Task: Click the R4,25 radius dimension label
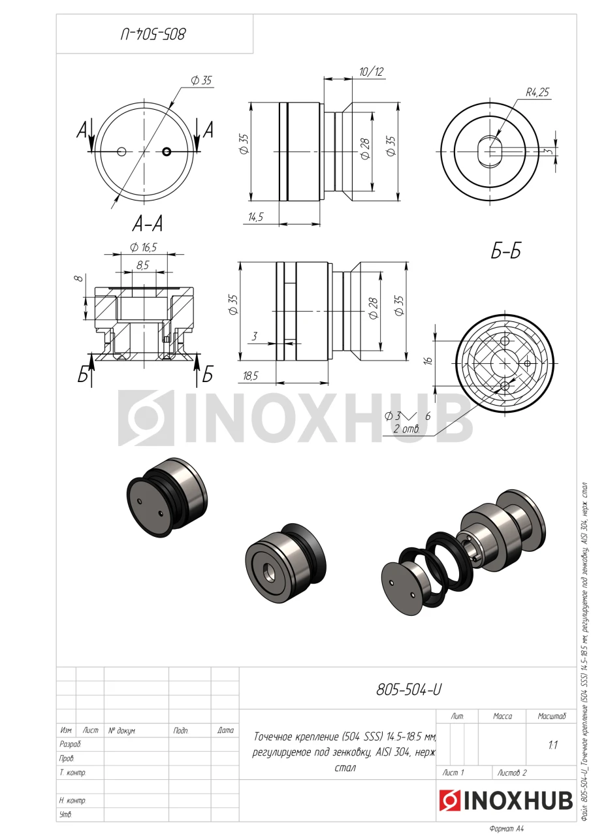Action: click(x=537, y=92)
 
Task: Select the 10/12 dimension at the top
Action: click(x=371, y=72)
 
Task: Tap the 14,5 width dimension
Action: click(x=255, y=217)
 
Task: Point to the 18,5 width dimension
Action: click(x=250, y=376)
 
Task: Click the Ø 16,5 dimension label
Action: click(x=143, y=247)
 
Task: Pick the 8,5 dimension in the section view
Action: click(x=142, y=265)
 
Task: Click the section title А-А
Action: click(x=148, y=224)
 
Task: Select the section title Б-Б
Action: click(x=505, y=251)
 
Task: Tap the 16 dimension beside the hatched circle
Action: click(x=428, y=361)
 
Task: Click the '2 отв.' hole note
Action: click(x=406, y=429)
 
